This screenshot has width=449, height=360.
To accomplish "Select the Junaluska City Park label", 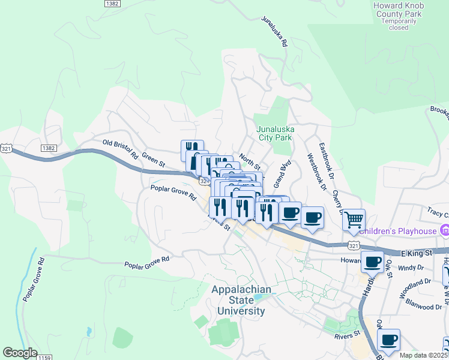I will tap(274, 133).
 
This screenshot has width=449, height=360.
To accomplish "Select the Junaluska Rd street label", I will tap(275, 31).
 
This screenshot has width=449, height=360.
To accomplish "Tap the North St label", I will tap(249, 161).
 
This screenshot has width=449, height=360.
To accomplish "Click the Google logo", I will tap(20, 353).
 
